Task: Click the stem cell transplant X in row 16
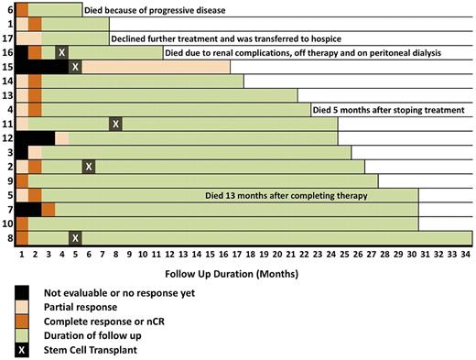61,53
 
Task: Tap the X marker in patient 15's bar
75,67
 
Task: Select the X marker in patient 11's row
115,125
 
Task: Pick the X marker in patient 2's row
88,167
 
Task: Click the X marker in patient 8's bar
75,238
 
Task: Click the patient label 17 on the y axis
7,38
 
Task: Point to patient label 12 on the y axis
7,138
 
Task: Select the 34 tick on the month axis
466,253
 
